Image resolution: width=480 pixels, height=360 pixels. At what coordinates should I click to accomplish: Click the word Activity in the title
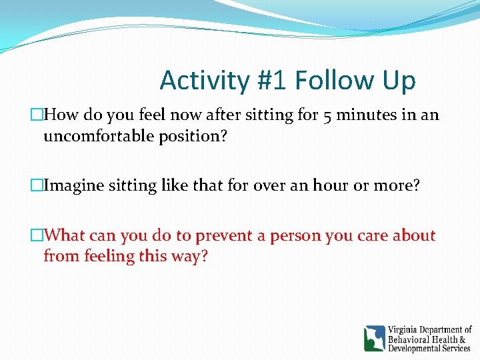coord(204,81)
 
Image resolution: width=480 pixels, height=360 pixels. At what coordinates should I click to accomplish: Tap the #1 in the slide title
coord(271,81)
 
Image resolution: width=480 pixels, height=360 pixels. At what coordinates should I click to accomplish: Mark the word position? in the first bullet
coord(193,137)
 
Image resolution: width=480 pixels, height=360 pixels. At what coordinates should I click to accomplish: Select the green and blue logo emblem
coord(374,339)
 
